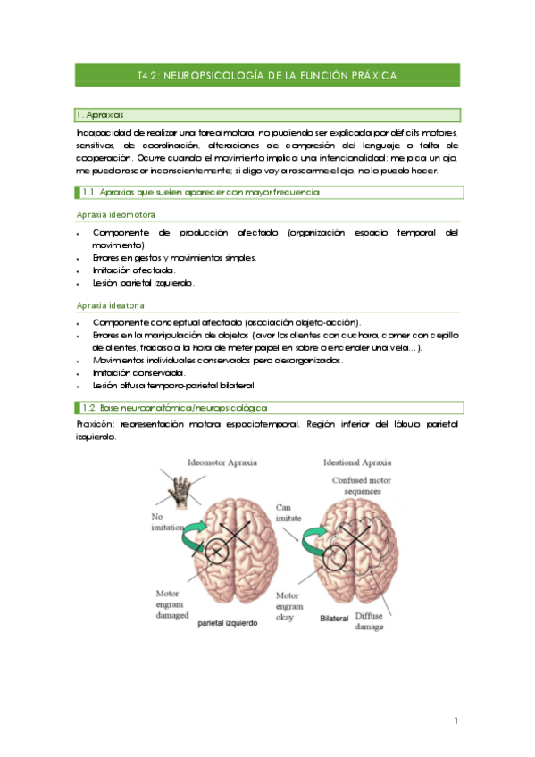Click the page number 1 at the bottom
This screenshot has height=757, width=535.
click(x=456, y=720)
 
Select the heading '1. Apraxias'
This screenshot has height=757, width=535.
click(x=101, y=115)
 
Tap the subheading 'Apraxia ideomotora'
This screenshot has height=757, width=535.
click(x=116, y=215)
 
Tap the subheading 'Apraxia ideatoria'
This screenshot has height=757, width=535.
click(x=113, y=304)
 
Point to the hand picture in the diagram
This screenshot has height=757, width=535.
click(x=181, y=489)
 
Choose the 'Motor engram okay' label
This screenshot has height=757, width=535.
click(x=288, y=605)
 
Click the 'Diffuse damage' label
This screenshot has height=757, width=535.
click(x=370, y=621)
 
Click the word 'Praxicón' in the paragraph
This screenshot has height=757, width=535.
click(x=96, y=425)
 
